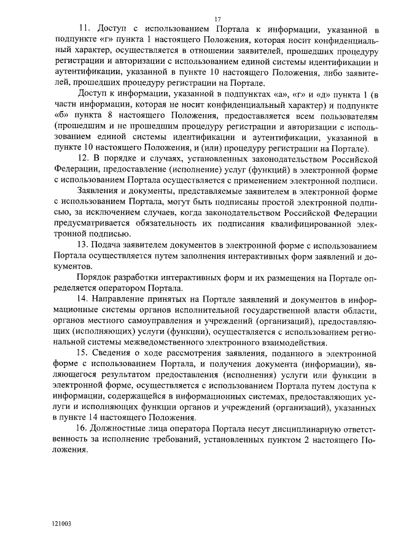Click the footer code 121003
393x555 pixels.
(x=63, y=524)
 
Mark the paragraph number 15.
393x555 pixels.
(x=85, y=354)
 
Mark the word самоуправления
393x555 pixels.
(x=159, y=321)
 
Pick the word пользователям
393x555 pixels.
(x=346, y=116)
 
